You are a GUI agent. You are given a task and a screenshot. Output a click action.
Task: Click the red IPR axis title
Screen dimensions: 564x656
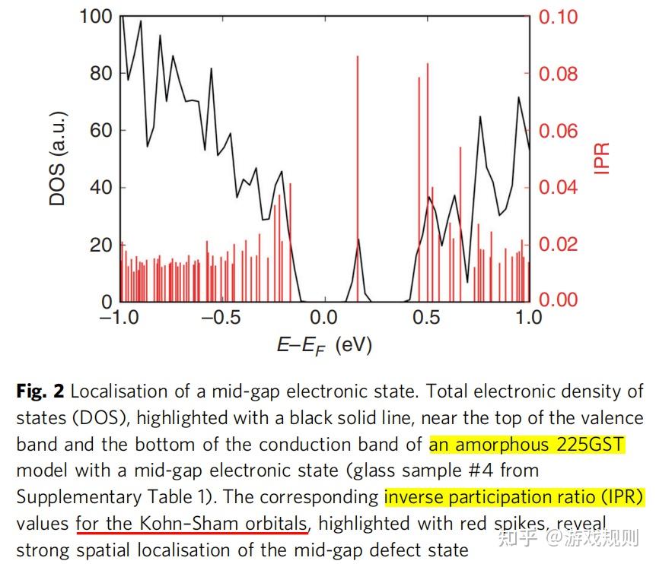[603, 158]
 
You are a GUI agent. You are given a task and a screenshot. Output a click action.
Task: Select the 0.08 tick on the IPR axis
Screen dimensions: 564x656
[558, 74]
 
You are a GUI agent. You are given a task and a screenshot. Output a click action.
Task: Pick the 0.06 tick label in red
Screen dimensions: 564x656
[558, 131]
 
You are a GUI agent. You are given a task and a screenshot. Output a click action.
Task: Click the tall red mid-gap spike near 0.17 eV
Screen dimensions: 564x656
[357, 152]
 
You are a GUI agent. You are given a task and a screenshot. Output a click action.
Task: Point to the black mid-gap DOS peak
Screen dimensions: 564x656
[358, 242]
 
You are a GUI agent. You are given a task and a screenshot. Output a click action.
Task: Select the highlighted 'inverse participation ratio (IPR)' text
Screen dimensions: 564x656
[514, 498]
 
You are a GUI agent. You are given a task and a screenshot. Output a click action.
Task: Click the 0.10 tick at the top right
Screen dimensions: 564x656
[558, 17]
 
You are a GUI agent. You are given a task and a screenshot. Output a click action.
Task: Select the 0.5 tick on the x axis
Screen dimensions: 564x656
[427, 317]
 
